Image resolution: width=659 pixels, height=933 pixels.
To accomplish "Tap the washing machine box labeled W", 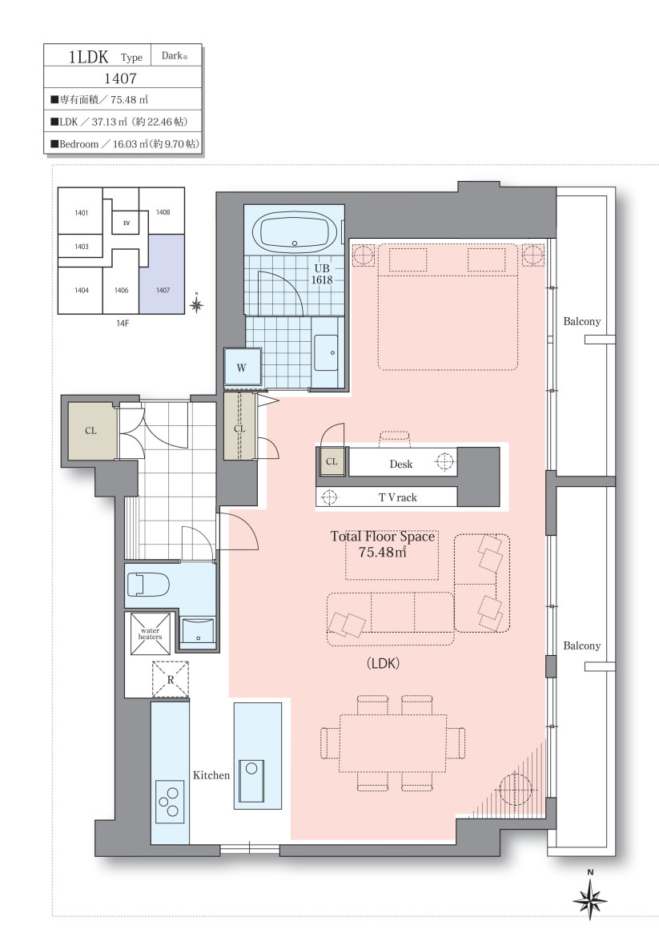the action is (x=242, y=367).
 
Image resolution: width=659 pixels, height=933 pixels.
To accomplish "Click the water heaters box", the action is (x=150, y=633).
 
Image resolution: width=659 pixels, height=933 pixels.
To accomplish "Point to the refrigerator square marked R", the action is (x=171, y=679).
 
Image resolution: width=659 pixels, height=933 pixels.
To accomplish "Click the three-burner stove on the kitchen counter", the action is (x=169, y=802).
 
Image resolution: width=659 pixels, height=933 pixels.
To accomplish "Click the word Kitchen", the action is (x=211, y=775).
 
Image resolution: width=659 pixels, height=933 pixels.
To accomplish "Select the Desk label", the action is (x=401, y=464).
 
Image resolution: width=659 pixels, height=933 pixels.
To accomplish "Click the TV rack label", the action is (x=398, y=497).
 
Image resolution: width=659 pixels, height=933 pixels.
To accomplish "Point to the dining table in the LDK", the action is (x=393, y=743).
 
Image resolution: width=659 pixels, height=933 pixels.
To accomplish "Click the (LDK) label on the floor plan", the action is (x=383, y=663).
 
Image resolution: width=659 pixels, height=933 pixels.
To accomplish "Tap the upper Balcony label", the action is (x=581, y=321).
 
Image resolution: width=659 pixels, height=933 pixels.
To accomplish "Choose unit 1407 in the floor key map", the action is (x=163, y=274).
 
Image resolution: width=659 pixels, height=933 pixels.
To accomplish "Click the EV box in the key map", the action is (x=126, y=223).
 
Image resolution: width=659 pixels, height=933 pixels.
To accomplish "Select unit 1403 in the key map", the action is (x=82, y=247).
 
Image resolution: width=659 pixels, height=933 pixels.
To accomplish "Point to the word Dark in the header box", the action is (x=172, y=56).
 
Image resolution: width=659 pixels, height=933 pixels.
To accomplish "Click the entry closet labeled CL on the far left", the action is (x=91, y=431).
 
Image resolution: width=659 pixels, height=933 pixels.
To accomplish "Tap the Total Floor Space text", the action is (x=383, y=537).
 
